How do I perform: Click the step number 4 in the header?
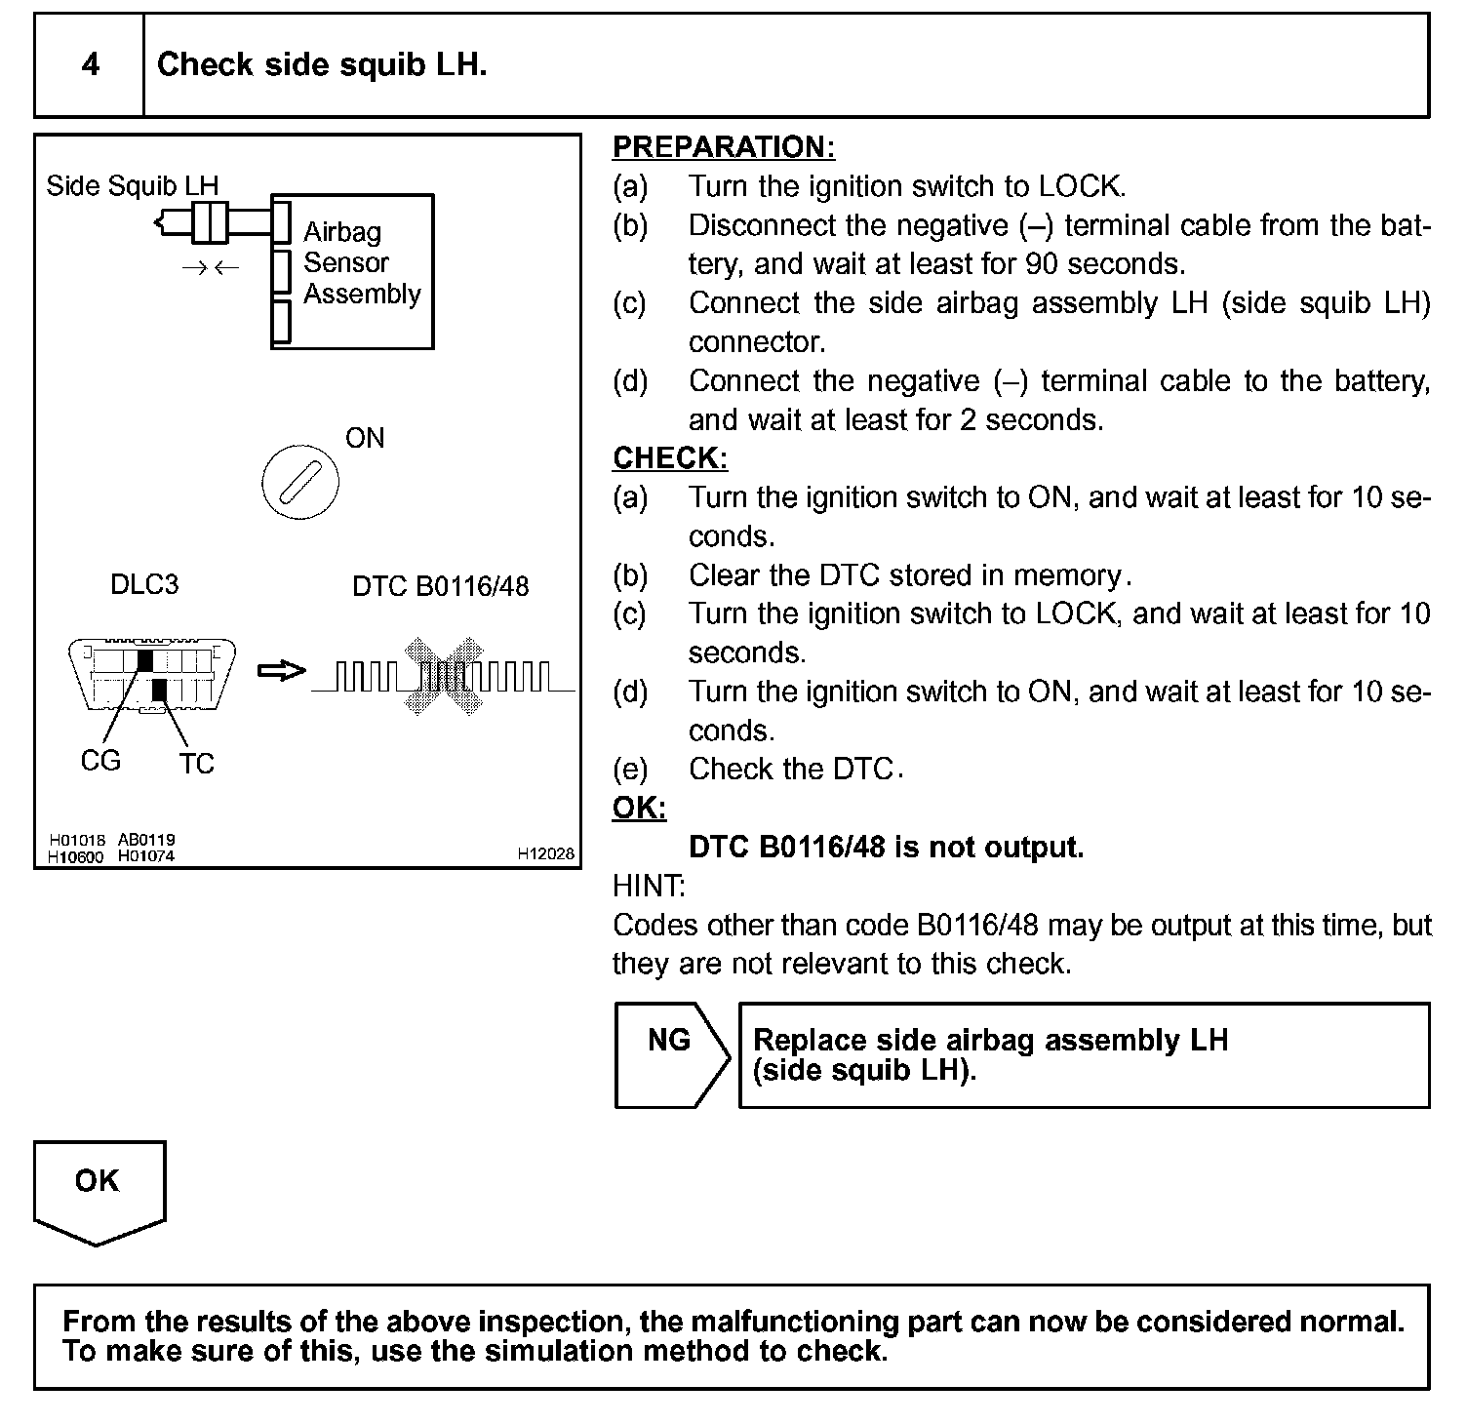click(90, 64)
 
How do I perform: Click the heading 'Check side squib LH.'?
click(322, 64)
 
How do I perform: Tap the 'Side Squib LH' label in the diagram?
click(133, 185)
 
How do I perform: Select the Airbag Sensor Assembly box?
click(353, 270)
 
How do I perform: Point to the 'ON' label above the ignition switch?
click(365, 438)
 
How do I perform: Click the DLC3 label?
click(144, 584)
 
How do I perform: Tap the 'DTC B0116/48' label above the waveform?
click(440, 586)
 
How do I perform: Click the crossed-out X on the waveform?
click(445, 676)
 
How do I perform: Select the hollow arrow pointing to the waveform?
click(281, 671)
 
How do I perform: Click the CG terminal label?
click(100, 760)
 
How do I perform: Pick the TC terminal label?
click(196, 763)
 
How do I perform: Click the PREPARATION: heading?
click(723, 147)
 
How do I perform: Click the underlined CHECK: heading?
click(670, 458)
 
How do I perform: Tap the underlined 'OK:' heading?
click(639, 808)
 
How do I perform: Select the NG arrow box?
click(671, 1054)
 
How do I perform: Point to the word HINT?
click(649, 886)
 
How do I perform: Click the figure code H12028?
click(545, 853)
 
